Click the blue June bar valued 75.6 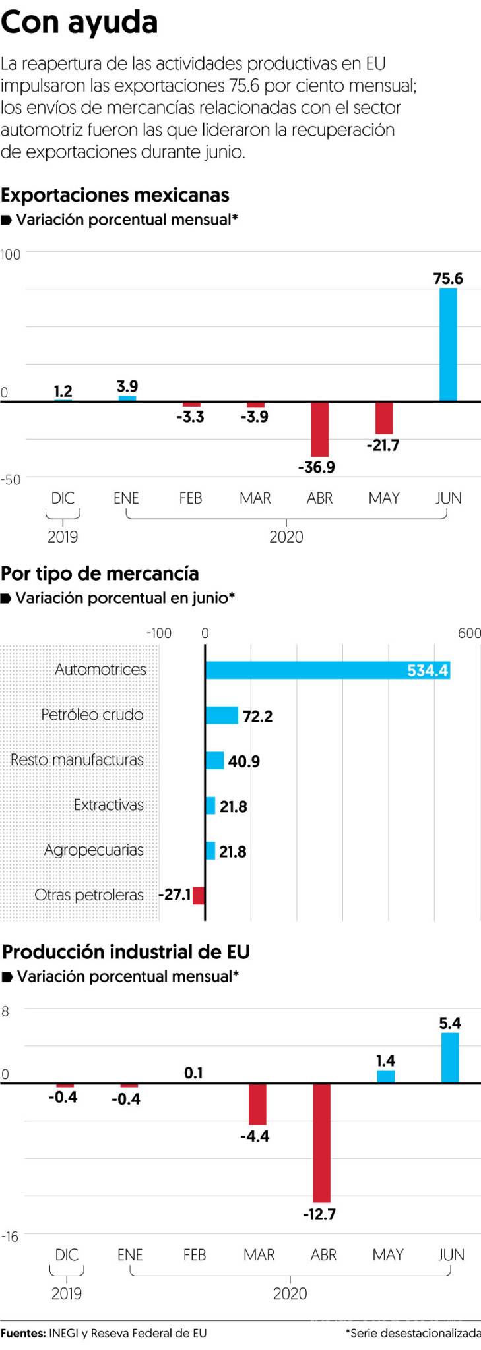(x=448, y=344)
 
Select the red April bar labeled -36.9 (x=320, y=429)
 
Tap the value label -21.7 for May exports (x=383, y=446)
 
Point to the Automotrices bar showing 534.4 (x=327, y=670)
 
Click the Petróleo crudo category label (x=92, y=715)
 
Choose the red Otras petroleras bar (x=199, y=895)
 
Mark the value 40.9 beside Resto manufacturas (x=244, y=761)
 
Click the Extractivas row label (x=109, y=805)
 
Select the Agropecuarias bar (x=210, y=850)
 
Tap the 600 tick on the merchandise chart (x=469, y=633)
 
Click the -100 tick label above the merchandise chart (x=159, y=633)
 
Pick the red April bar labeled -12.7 (x=322, y=1142)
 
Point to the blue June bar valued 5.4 (x=450, y=1057)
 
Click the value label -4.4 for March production (x=255, y=1136)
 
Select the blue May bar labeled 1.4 (x=386, y=1076)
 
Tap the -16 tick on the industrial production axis (x=10, y=1237)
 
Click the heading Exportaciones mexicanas (x=115, y=195)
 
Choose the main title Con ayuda (x=79, y=22)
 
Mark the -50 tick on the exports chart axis (x=11, y=480)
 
